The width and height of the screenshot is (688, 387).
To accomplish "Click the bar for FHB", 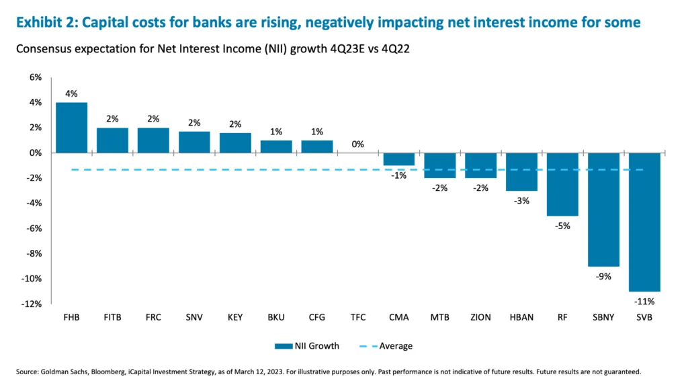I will click(71, 128).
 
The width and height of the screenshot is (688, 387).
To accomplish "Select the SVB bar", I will click(644, 222).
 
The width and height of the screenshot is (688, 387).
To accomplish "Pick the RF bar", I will click(562, 184).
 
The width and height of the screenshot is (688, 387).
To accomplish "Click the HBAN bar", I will click(521, 171).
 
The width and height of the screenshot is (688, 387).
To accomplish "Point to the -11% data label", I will click(644, 302).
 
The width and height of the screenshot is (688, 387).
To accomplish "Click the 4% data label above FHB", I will click(71, 93).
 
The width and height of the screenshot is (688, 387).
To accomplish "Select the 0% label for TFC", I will click(358, 144).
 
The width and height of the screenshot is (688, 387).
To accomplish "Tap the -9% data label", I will click(603, 276).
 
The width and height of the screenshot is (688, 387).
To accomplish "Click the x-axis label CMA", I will click(399, 317).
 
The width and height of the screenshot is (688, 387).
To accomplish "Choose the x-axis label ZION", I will click(480, 317).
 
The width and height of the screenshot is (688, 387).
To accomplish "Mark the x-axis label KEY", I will click(235, 317).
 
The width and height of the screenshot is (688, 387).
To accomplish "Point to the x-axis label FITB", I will click(112, 317).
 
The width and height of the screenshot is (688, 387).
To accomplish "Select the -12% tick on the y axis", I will click(32, 304).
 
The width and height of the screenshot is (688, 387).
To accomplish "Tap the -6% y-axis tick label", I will click(34, 228).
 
